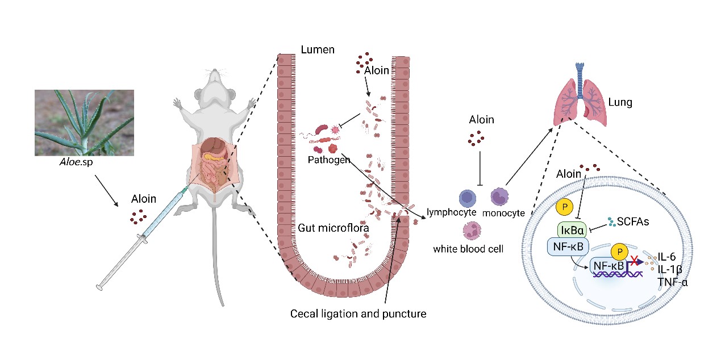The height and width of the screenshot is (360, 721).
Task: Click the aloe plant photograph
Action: point(84,122)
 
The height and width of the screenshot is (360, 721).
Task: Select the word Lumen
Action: point(317,50)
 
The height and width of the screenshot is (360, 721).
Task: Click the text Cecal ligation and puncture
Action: point(358,313)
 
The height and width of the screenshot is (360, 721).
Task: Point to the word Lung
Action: point(620,103)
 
